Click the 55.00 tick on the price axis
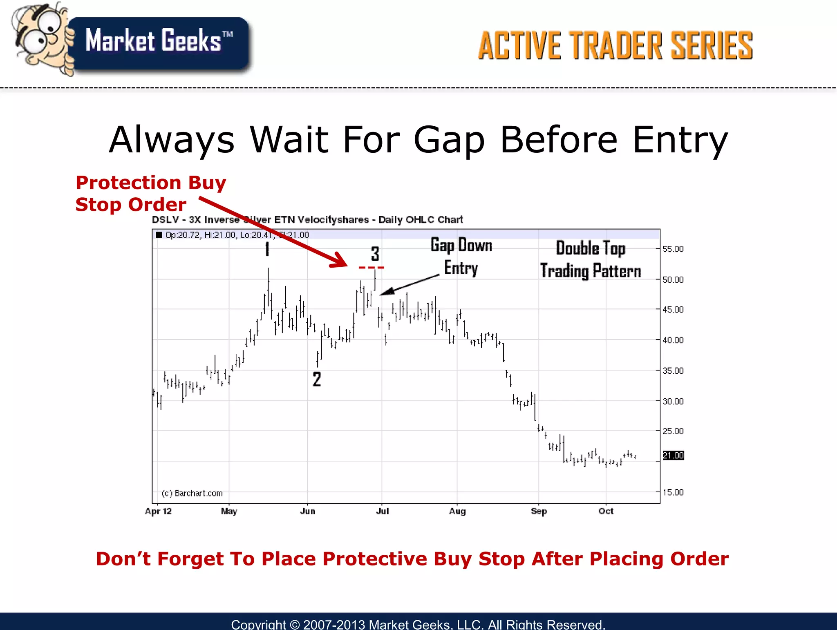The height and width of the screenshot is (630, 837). click(672, 249)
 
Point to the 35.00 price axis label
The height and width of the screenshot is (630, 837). click(672, 371)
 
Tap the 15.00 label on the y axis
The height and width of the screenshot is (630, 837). click(672, 492)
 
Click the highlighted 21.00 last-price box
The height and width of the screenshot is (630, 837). click(673, 455)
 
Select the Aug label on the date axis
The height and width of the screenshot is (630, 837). click(457, 511)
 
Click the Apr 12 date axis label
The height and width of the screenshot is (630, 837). click(158, 511)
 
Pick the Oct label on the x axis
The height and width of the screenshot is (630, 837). click(606, 511)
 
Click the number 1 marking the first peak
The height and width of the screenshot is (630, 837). click(267, 249)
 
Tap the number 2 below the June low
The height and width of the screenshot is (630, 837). click(317, 379)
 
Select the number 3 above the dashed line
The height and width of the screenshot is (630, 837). click(375, 254)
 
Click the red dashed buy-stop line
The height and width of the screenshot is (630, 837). click(371, 268)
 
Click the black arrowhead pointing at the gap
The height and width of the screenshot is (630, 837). click(387, 291)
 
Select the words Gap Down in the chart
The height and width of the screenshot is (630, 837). click(461, 246)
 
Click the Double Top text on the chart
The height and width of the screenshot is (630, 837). click(590, 248)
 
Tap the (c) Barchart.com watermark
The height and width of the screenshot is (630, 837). click(192, 493)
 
